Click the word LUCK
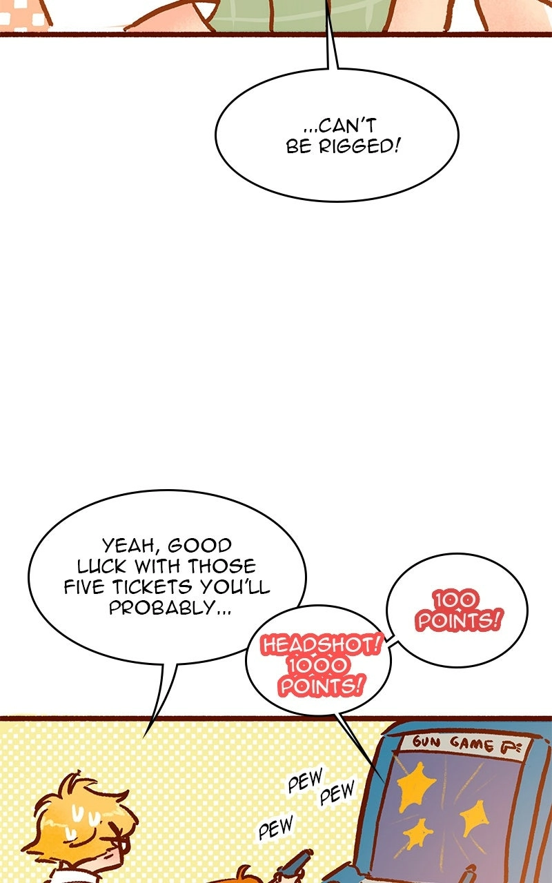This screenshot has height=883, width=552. click(x=101, y=567)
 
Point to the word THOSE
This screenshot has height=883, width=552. click(x=221, y=567)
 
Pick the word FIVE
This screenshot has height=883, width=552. click(x=84, y=587)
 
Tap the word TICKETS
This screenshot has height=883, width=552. click(x=152, y=587)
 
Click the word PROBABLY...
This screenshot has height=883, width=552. click(x=161, y=608)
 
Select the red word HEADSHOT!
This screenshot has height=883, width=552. click(x=321, y=645)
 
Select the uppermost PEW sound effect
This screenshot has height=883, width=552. click(x=306, y=779)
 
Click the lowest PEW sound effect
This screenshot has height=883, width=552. click(x=276, y=826)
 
